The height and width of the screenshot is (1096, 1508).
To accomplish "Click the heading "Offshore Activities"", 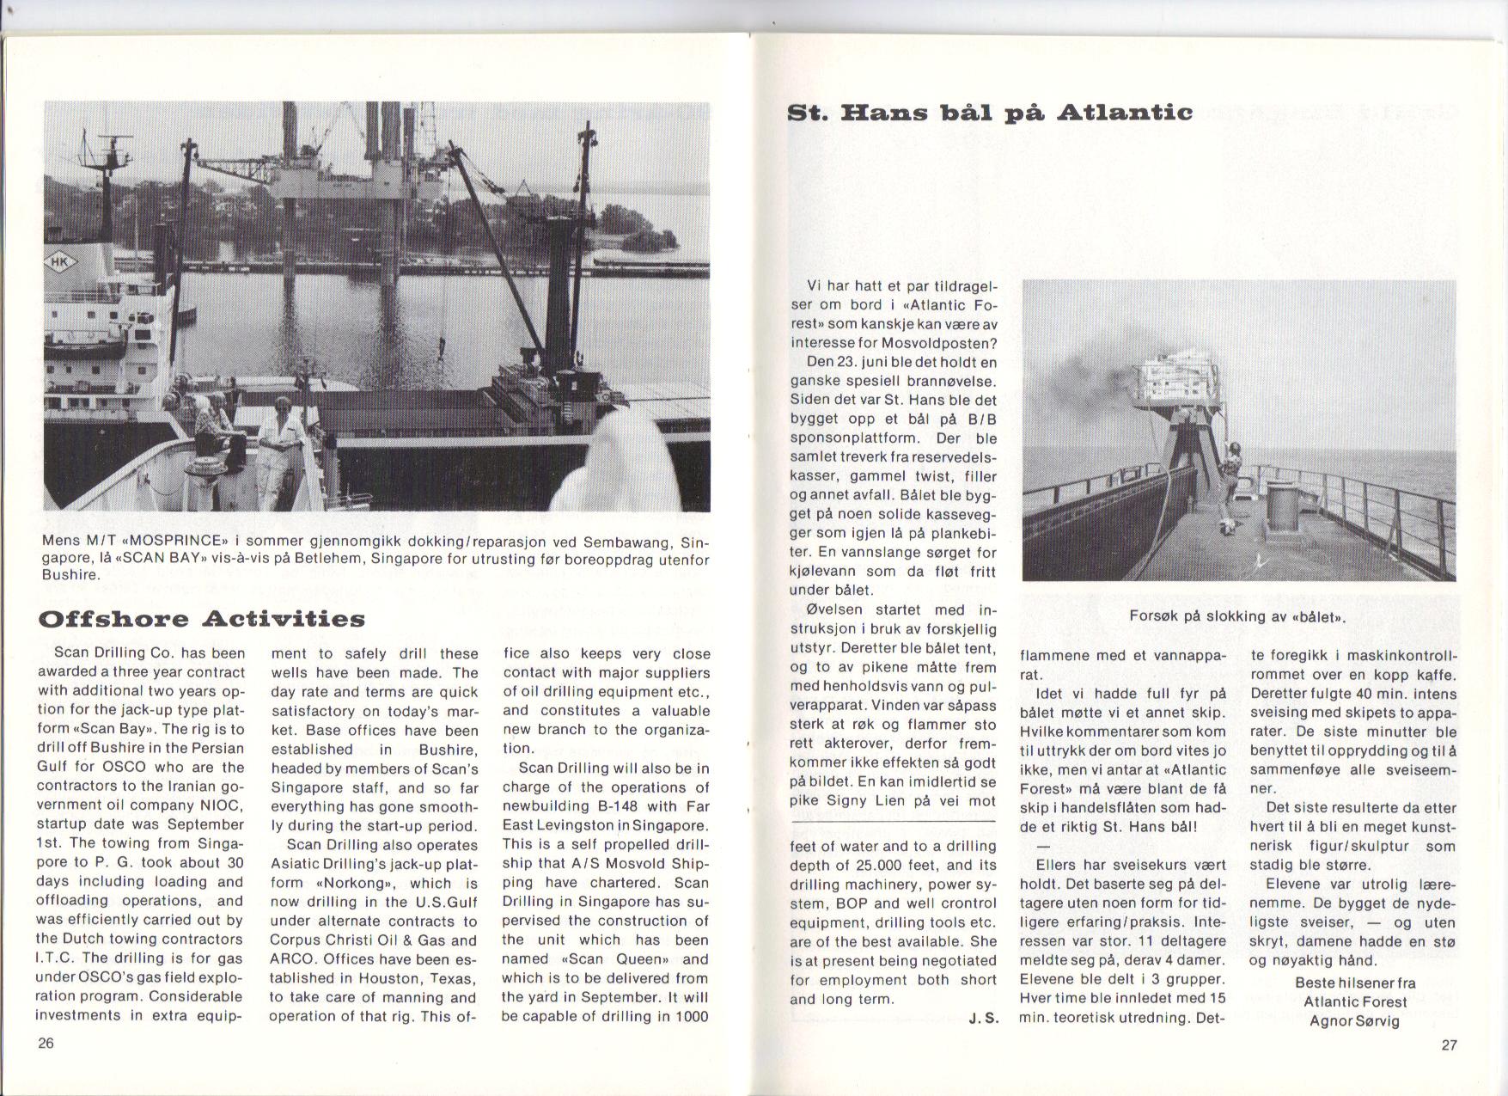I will point(202,619).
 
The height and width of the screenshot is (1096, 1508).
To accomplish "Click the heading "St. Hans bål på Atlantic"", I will point(990,113).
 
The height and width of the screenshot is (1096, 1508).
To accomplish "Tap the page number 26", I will point(46,1044).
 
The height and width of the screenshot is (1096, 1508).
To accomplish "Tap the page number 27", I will point(1449,1045).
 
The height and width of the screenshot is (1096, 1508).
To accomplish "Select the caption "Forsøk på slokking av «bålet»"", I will point(1237,616).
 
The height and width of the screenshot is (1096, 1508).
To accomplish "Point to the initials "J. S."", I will point(982,1019).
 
